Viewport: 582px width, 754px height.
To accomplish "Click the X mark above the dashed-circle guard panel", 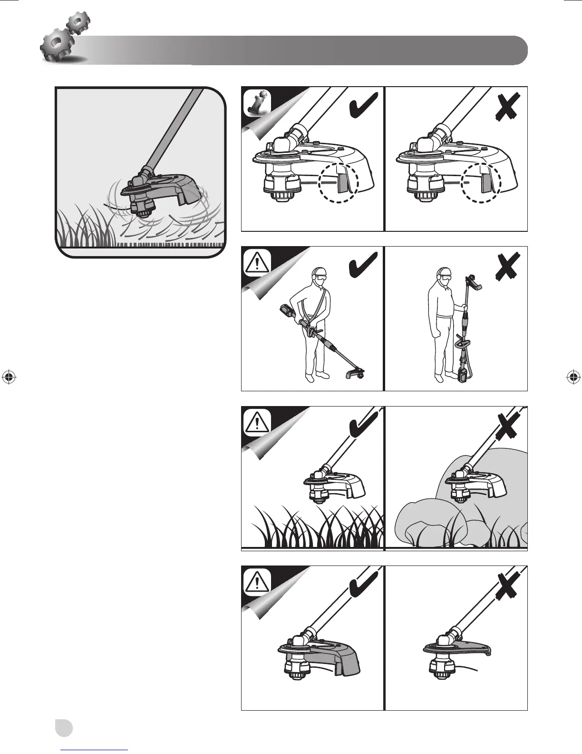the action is [508, 106].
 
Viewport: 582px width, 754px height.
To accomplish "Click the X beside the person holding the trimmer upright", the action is [508, 266].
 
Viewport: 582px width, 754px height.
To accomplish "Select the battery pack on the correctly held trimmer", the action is [287, 312].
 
